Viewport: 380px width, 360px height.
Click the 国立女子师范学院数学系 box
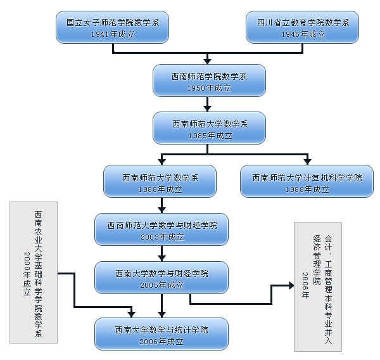pyautogui.click(x=112, y=27)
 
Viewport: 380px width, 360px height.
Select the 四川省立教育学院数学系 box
pyautogui.click(x=303, y=27)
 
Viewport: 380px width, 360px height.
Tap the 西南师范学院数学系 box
pyautogui.click(x=208, y=80)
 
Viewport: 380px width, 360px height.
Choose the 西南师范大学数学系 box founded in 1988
pyautogui.click(x=160, y=182)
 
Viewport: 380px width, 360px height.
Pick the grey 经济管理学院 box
pyautogui.click(x=318, y=286)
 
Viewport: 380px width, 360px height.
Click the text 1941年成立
pyautogui.click(x=112, y=34)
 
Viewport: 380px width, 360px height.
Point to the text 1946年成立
pyautogui.click(x=303, y=34)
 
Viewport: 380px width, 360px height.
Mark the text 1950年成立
pyautogui.click(x=208, y=87)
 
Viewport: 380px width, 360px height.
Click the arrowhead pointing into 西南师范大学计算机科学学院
pyautogui.click(x=307, y=162)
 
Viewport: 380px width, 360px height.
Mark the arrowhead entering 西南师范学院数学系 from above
pyautogui.click(x=208, y=61)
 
